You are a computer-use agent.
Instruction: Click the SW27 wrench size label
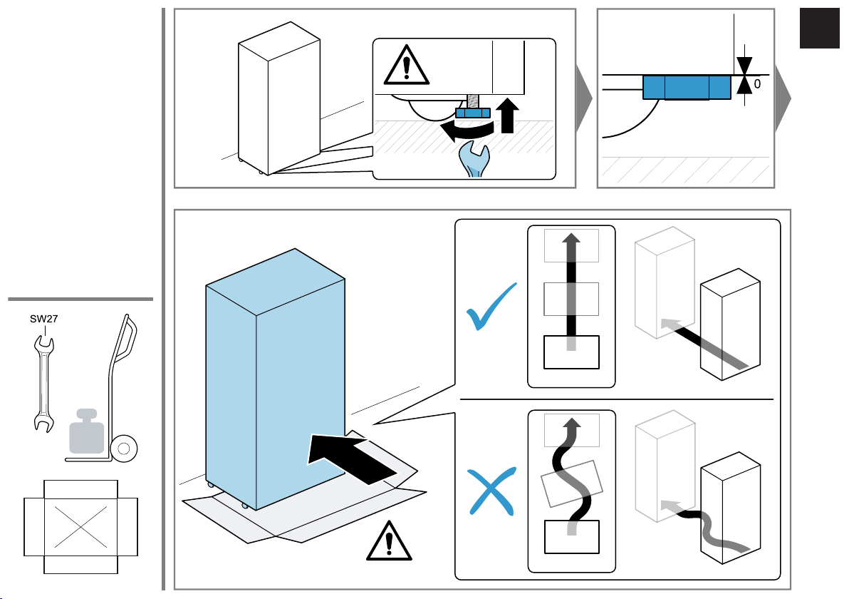[44, 319]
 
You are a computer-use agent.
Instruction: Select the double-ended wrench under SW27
[43, 384]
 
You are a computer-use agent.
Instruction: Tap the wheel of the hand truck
[124, 449]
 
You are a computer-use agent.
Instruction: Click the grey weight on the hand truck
[87, 431]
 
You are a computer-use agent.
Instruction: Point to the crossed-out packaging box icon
[80, 527]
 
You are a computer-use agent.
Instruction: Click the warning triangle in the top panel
[407, 66]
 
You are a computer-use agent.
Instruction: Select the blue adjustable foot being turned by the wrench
[473, 113]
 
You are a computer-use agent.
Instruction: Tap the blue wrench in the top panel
[474, 159]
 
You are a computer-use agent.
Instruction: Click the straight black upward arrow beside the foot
[507, 116]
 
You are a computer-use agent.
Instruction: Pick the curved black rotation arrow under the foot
[467, 130]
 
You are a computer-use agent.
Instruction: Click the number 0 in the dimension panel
[757, 84]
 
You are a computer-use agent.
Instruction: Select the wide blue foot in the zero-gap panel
[687, 87]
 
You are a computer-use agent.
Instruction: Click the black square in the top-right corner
[819, 29]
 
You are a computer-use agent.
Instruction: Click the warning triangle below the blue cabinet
[389, 541]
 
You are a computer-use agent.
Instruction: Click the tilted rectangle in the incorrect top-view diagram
[572, 483]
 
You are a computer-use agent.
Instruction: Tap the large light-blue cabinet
[275, 379]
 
